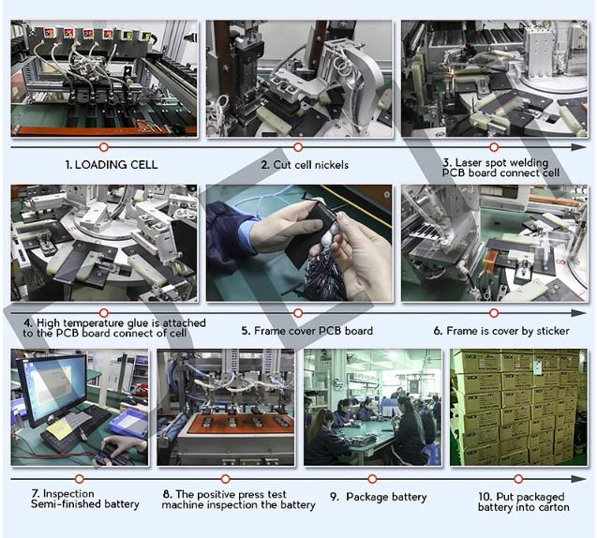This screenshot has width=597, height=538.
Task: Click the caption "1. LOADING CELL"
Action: (112, 165)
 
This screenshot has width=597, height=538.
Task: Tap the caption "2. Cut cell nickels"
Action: (305, 165)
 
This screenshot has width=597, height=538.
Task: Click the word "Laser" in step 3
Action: (470, 162)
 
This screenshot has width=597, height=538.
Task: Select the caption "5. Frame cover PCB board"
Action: (306, 331)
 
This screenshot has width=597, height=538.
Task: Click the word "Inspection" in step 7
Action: (68, 493)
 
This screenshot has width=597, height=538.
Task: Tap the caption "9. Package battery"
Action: (379, 498)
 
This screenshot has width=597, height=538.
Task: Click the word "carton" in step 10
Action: (554, 507)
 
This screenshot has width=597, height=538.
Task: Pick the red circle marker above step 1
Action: (103, 147)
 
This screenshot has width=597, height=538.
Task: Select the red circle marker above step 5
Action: (298, 313)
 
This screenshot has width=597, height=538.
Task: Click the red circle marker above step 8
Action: (225, 479)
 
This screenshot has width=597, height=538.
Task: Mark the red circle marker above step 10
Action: (518, 479)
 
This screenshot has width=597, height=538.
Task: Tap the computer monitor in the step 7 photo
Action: (52, 388)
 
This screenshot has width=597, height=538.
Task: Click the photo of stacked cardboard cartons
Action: (518, 407)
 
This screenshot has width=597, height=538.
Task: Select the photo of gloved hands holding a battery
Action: (299, 243)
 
